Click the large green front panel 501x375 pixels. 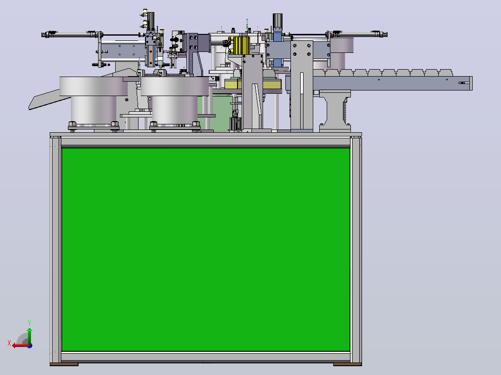point(205,250)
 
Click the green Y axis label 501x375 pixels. point(29,323)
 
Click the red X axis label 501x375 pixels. point(9,343)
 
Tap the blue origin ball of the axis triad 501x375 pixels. point(30,346)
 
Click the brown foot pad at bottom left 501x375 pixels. point(64,364)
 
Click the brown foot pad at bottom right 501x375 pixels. point(347,364)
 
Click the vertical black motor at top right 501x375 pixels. point(277,21)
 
